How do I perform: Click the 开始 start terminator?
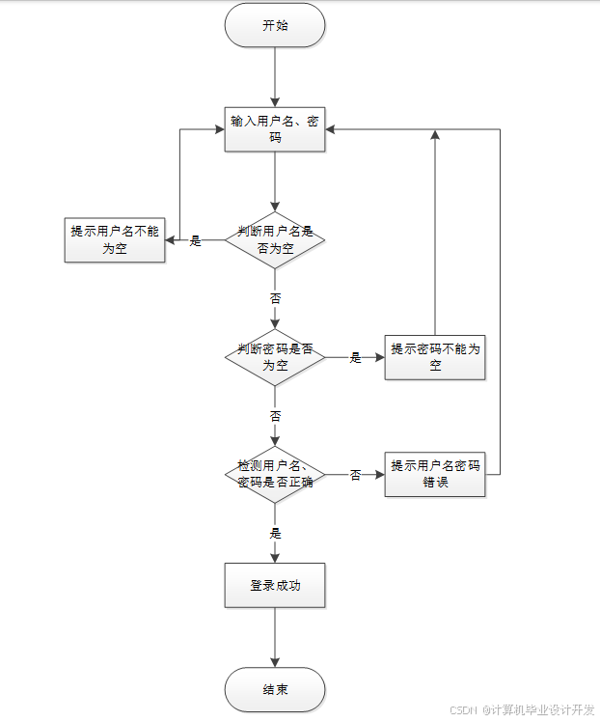[x=275, y=26]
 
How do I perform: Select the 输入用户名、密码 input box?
[x=275, y=128]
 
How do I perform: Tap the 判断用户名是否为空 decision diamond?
[x=275, y=239]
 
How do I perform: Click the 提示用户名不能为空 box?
[x=115, y=239]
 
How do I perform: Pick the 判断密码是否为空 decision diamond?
[x=275, y=357]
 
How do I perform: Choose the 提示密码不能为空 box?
[x=435, y=357]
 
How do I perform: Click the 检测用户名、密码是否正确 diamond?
[x=275, y=474]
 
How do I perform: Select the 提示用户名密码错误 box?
[x=435, y=474]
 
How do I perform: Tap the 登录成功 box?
[x=275, y=585]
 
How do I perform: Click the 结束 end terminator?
[x=275, y=691]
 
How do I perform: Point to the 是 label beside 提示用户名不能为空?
[x=196, y=240]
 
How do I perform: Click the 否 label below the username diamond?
[x=275, y=298]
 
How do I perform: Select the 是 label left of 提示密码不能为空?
[x=355, y=358]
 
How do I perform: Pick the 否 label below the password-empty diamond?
[x=275, y=416]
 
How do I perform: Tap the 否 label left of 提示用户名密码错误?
[x=355, y=475]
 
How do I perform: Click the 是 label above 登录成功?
[x=275, y=533]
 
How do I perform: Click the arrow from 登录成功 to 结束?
[x=275, y=638]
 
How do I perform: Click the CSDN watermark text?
[x=521, y=709]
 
